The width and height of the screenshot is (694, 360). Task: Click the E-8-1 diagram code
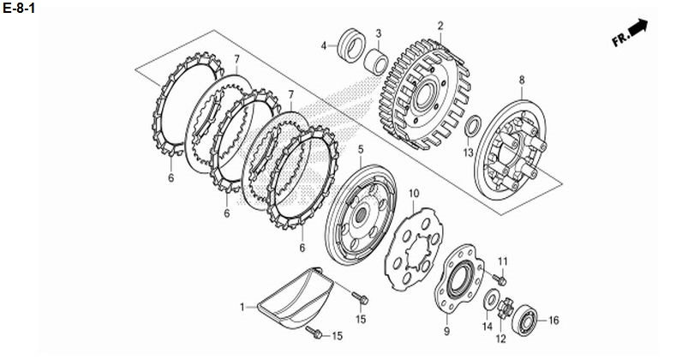pos(19,8)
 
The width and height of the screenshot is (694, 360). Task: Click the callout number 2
pos(440,26)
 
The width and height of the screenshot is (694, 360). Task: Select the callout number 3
pos(379,33)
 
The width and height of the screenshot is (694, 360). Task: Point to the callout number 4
pos(324,45)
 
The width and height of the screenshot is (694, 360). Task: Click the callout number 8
pos(522,81)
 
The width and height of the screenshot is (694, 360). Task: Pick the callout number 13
pos(469,153)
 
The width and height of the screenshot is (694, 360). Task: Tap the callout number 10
pos(414,194)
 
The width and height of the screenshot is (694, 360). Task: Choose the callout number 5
pos(361,150)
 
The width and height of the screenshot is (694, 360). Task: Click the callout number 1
pos(242,307)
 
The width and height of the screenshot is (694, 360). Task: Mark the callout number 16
pos(553,321)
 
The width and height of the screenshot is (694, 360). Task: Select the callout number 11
pos(502,261)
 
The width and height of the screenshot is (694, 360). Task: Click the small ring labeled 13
pos(472,126)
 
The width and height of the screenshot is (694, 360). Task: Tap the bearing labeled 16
pos(525,319)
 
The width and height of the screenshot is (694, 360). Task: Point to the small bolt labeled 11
pos(500,279)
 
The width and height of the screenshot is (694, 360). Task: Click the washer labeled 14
pos(490,300)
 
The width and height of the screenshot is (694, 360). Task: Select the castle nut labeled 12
pos(505,308)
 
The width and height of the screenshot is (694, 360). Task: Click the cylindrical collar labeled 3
pos(376,62)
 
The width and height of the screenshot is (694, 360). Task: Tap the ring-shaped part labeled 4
pos(351,45)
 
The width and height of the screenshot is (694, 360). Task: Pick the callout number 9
pos(446,331)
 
